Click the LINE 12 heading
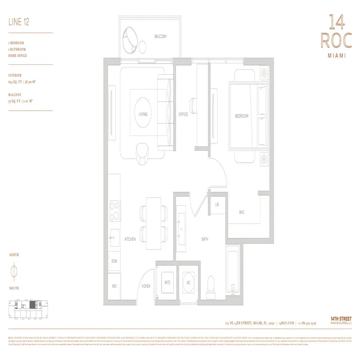click(x=18, y=21)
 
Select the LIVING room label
click(x=143, y=114)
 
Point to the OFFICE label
click(x=183, y=114)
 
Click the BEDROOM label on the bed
click(x=242, y=116)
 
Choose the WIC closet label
click(x=242, y=212)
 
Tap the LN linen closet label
click(x=217, y=205)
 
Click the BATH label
click(x=205, y=240)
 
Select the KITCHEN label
click(x=130, y=240)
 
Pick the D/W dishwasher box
click(x=114, y=261)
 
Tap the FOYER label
click(x=146, y=285)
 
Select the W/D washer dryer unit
click(x=167, y=283)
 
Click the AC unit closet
click(x=189, y=283)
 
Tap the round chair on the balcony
click(x=132, y=39)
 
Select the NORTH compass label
click(x=14, y=255)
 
